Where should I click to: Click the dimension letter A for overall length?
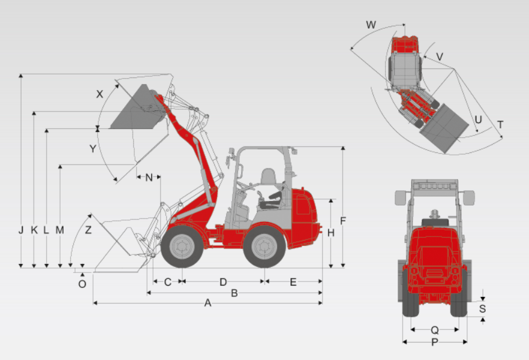(208, 303)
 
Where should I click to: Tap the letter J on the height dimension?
(21, 230)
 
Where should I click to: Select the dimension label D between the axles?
(223, 282)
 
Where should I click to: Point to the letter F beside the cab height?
(343, 221)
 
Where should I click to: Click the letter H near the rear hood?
(331, 233)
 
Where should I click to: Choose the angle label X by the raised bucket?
(100, 94)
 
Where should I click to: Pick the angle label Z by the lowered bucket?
(88, 230)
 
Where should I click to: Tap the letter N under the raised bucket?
(149, 178)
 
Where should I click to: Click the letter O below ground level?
(82, 284)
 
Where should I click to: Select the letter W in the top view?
(371, 25)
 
